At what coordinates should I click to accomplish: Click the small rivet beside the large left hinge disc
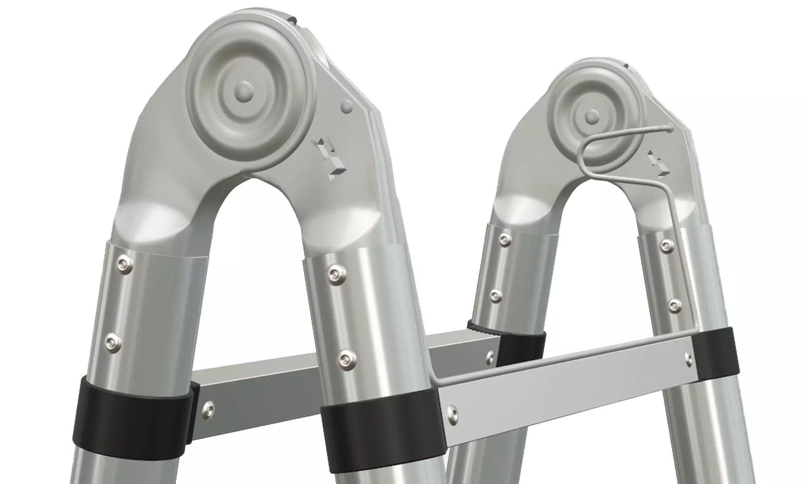[346, 107]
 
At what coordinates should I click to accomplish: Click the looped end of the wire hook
[668, 128]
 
